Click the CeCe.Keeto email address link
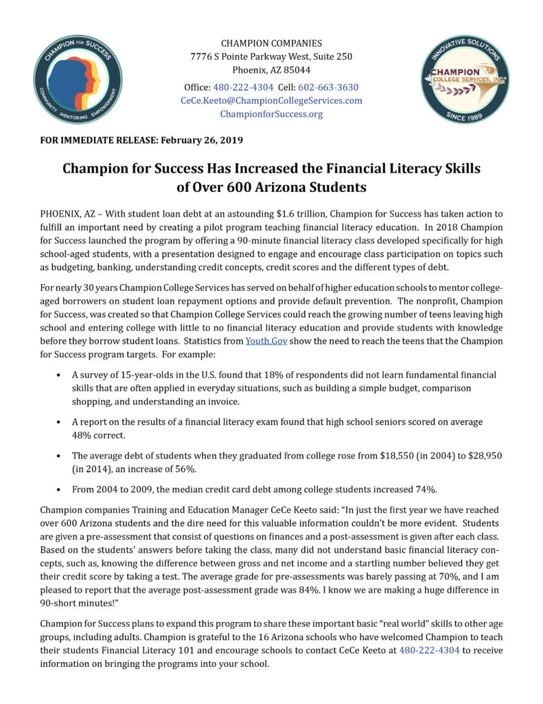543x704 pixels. coord(271,100)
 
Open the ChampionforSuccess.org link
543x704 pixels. coord(271,113)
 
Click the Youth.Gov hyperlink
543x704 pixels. coord(265,341)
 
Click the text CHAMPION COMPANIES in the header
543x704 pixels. coord(271,43)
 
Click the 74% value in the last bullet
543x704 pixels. coord(424,489)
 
